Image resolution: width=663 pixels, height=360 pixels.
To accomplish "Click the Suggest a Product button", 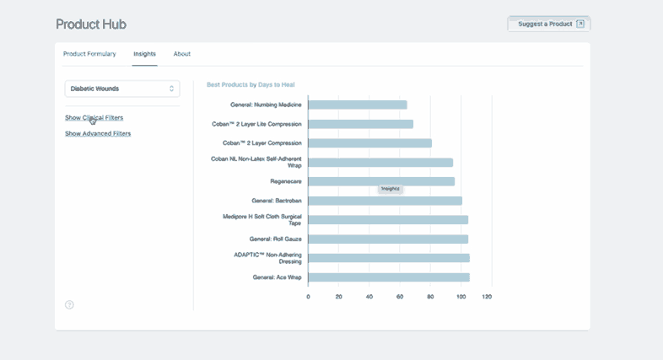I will click(x=548, y=24).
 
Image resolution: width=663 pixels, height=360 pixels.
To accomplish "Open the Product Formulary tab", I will click(x=89, y=54).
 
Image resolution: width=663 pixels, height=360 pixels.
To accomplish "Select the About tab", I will click(x=182, y=54).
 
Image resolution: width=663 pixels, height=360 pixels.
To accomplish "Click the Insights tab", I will click(x=144, y=54).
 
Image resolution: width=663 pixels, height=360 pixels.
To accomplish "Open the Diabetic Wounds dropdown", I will click(x=122, y=89).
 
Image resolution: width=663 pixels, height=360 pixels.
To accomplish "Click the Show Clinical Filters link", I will click(x=94, y=117).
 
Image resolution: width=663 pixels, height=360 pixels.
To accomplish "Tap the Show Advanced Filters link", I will click(x=98, y=133).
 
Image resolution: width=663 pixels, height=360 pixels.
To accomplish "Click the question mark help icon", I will click(x=69, y=304).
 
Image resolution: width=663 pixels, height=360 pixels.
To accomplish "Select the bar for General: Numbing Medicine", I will click(x=357, y=105).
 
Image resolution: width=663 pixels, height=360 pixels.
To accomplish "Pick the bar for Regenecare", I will click(x=381, y=181).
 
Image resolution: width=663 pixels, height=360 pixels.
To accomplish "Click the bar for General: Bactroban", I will click(x=385, y=201).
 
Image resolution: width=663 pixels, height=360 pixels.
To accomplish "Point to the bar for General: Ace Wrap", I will click(x=389, y=277).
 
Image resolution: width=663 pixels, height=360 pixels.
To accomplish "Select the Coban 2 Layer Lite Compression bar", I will click(x=360, y=124).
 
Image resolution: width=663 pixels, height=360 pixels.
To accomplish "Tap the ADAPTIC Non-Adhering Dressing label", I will click(x=267, y=258).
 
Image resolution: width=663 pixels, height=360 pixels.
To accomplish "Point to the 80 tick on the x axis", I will click(x=430, y=297).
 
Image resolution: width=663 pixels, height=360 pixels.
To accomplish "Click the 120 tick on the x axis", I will click(x=487, y=297).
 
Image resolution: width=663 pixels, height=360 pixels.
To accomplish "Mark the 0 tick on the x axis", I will click(x=308, y=297).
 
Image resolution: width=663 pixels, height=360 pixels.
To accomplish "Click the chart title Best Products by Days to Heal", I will click(x=251, y=84).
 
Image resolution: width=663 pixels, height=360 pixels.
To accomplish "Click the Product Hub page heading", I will click(x=91, y=24).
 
